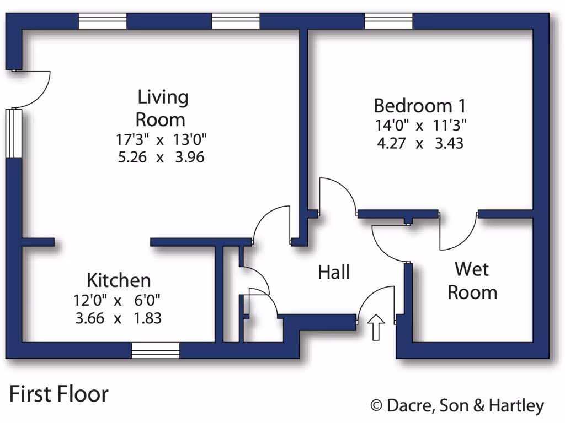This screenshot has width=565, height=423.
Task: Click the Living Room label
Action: [163, 108]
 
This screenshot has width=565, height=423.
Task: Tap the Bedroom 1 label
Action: [420, 105]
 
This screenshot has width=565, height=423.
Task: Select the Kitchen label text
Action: [119, 280]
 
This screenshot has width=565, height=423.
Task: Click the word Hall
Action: [334, 272]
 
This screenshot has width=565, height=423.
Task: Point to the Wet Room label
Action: [472, 280]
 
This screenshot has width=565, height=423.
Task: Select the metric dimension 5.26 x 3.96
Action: [161, 158]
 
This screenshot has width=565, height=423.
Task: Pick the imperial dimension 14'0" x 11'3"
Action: [420, 125]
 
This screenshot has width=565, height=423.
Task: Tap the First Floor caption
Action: [59, 394]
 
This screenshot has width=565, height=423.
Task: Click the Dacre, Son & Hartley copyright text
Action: [457, 406]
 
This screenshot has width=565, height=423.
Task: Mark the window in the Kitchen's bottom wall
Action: [156, 350]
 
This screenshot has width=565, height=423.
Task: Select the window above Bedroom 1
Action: [388, 21]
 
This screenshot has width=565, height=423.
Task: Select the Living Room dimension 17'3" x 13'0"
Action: [161, 139]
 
